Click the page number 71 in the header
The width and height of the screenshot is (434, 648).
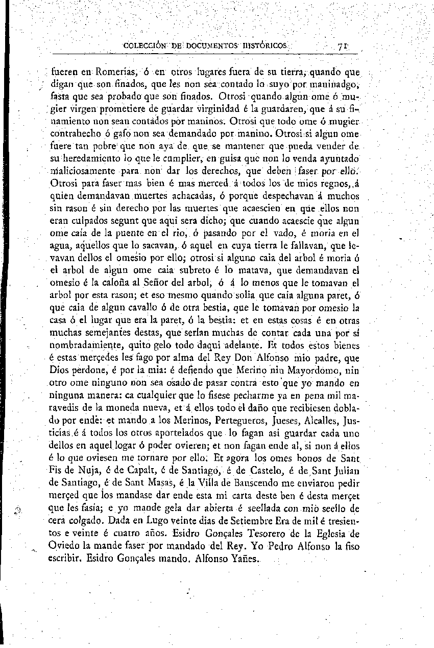(x=343, y=45)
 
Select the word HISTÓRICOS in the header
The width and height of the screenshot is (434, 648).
(x=266, y=45)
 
